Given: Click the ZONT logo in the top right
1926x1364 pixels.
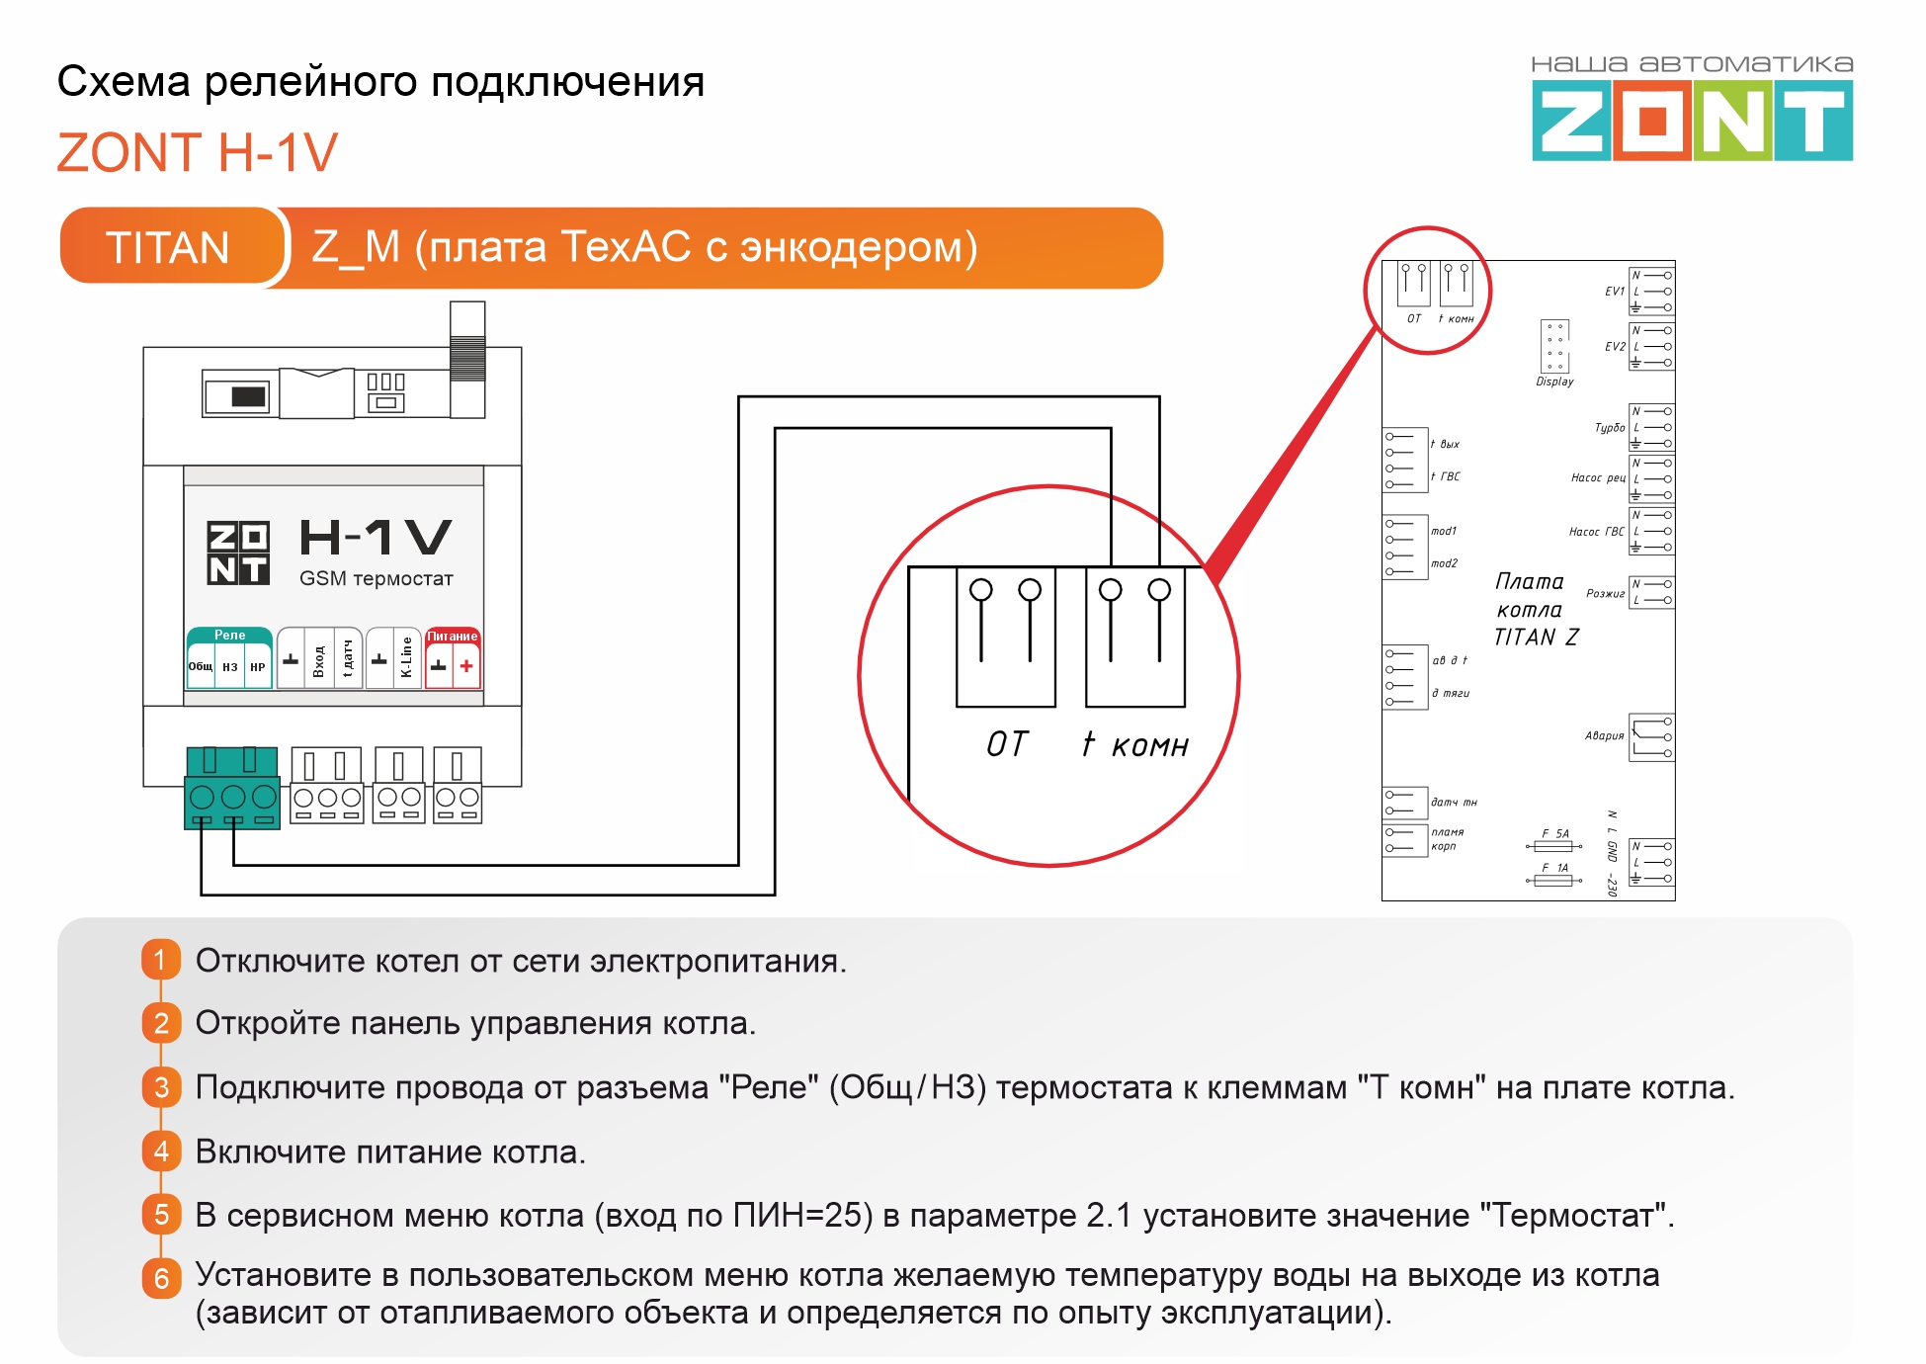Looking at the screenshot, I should click(x=1691, y=121).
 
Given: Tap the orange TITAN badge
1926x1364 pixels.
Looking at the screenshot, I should click(x=168, y=247).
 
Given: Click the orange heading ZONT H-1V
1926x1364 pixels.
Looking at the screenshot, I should click(x=198, y=153).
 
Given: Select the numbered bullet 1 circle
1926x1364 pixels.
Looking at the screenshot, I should click(x=161, y=960).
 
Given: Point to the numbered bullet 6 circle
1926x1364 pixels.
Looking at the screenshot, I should click(x=161, y=1278).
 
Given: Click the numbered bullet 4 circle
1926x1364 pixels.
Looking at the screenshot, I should click(x=161, y=1151).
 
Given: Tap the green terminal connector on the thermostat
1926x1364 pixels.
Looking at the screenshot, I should click(x=232, y=788).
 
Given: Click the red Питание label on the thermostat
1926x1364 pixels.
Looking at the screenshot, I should click(x=453, y=636).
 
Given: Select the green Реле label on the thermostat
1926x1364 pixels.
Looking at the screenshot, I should click(x=229, y=635).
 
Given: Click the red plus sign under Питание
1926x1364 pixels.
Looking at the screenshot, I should click(x=466, y=666).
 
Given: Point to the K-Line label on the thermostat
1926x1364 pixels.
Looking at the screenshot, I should click(x=406, y=657).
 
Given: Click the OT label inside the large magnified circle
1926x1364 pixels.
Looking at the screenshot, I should click(x=1007, y=744).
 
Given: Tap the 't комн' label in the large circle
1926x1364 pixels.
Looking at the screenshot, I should click(x=1135, y=744).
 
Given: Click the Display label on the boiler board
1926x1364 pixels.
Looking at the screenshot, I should click(x=1554, y=382).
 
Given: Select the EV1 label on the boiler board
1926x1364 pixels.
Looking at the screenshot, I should click(x=1614, y=292).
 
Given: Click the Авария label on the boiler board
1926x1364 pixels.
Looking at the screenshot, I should click(x=1604, y=735).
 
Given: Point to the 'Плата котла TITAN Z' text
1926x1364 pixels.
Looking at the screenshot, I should click(x=1535, y=610).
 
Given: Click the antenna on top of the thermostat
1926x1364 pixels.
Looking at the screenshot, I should click(x=467, y=358).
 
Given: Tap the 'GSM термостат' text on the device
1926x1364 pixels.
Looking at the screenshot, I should click(x=376, y=578).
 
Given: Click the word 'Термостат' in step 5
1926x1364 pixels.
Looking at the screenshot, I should click(x=1571, y=1214).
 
